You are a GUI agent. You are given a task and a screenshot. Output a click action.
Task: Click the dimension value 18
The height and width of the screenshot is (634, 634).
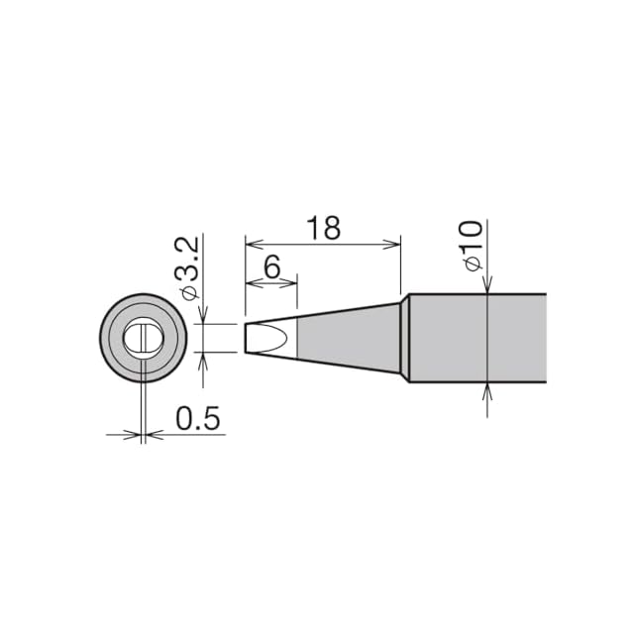pyautogui.click(x=324, y=228)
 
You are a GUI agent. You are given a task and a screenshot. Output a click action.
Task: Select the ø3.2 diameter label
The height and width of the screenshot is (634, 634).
pyautogui.click(x=187, y=268)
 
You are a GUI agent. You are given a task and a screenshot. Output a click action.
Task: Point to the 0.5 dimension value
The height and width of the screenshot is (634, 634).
pyautogui.click(x=198, y=418)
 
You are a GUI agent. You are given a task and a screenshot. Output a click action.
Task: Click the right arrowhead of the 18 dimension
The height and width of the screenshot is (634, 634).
pyautogui.click(x=391, y=245)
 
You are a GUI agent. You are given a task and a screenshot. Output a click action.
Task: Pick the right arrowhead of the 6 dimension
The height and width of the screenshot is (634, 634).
pyautogui.click(x=288, y=283)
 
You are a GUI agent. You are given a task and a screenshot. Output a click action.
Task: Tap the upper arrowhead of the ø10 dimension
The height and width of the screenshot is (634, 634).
pyautogui.click(x=487, y=284)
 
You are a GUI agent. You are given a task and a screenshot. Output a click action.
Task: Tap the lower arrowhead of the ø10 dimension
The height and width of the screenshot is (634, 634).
pyautogui.click(x=487, y=392)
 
